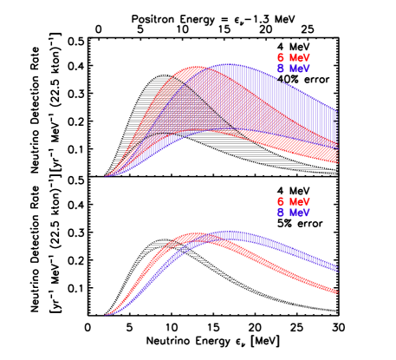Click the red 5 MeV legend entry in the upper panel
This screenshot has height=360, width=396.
click(293, 57)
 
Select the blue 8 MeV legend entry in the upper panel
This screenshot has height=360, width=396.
click(293, 68)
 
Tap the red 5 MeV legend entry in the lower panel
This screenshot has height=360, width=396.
click(293, 201)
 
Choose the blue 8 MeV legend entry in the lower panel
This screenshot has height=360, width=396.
click(293, 212)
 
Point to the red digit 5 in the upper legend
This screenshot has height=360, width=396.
click(280, 57)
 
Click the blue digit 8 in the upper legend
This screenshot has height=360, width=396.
click(280, 68)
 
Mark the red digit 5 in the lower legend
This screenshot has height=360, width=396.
click(280, 201)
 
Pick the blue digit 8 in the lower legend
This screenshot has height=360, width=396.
click(280, 212)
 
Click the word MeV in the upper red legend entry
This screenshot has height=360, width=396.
click(300, 57)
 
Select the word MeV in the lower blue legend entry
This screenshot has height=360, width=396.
click(300, 212)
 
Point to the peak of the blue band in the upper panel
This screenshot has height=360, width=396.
click(232, 65)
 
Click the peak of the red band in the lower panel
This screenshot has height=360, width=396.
click(195, 234)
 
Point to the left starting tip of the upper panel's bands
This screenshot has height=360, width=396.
click(106, 176)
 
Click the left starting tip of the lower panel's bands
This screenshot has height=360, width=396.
click(106, 315)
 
